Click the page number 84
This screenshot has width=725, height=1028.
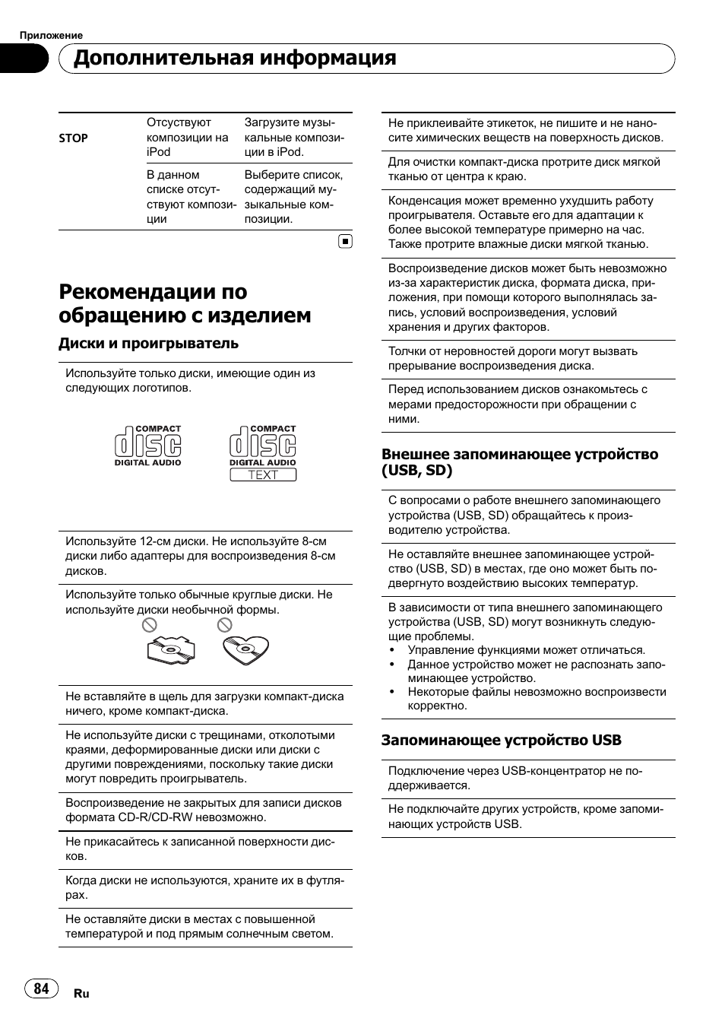coord(42,988)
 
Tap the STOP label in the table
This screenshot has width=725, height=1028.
coord(74,138)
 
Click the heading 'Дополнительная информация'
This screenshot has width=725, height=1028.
coord(235,58)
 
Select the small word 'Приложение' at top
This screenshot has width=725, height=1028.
coord(51,35)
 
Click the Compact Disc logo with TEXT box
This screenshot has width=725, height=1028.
coord(263,453)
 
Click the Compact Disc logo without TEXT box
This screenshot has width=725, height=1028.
coord(148,446)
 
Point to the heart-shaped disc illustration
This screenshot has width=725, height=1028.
coord(245,650)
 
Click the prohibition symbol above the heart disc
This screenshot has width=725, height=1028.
coord(224,625)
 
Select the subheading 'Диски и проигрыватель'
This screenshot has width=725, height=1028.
coord(148,343)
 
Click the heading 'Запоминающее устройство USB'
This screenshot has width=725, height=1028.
coord(501,740)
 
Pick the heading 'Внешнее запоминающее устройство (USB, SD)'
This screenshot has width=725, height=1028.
coord(519,462)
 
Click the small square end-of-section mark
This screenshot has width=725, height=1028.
coord(345,242)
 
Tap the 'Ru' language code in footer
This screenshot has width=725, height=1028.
coord(81,993)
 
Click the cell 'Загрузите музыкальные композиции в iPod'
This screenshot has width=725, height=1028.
coord(293,137)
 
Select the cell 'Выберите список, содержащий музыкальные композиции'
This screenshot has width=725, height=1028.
coord(293,196)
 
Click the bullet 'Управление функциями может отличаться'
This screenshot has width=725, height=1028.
coord(526,650)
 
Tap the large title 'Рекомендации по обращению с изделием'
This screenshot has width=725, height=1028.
coord(185,303)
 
